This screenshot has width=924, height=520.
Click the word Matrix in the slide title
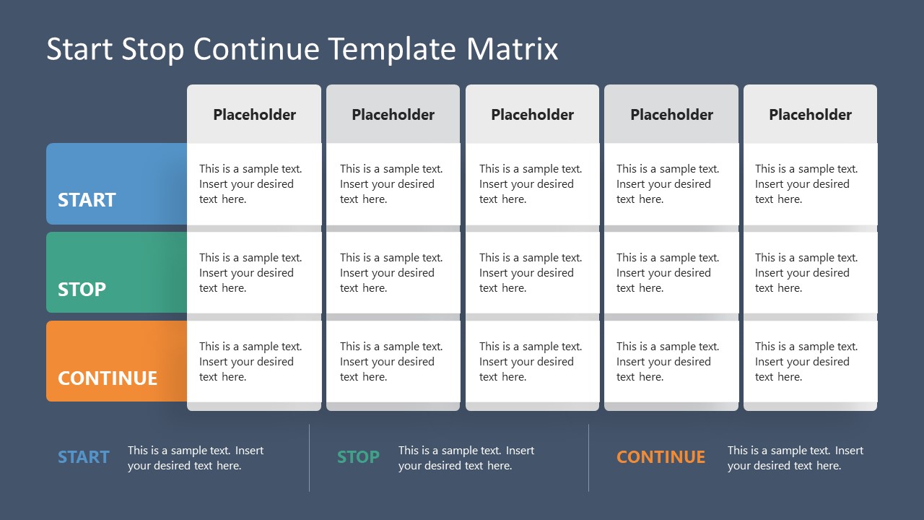point(513,49)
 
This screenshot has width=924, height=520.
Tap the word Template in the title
point(392,49)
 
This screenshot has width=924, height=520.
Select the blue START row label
point(87,200)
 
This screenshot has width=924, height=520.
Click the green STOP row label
point(82,289)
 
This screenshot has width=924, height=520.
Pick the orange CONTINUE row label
point(108,378)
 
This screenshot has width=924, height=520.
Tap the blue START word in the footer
point(84,457)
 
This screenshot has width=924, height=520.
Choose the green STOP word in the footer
point(358,457)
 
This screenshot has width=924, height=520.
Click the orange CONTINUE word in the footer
point(661,457)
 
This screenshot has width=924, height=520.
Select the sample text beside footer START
point(196,458)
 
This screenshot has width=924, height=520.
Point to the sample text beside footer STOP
point(466,458)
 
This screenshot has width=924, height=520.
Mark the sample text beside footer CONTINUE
point(795,458)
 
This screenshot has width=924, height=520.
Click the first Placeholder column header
point(254,114)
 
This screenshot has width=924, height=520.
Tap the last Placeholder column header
point(810,114)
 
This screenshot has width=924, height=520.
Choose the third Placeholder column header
point(532,114)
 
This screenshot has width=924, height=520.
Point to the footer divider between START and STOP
point(310,458)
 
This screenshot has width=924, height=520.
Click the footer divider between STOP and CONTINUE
point(588,458)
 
